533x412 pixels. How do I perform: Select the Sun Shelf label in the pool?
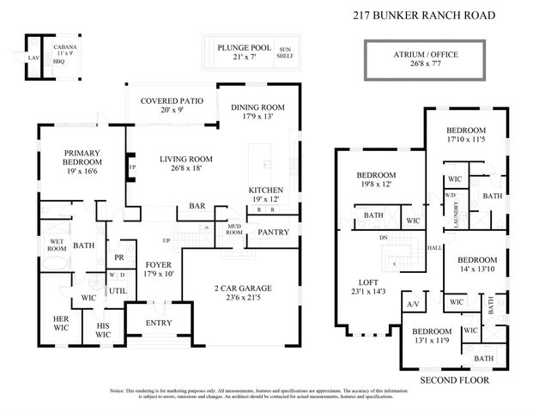click(285, 54)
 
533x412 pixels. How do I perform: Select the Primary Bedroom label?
click(82, 160)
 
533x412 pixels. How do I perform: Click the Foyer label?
click(160, 269)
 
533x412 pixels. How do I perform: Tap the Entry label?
click(158, 323)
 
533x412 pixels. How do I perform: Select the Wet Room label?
click(58, 245)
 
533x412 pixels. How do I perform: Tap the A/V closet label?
click(411, 306)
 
